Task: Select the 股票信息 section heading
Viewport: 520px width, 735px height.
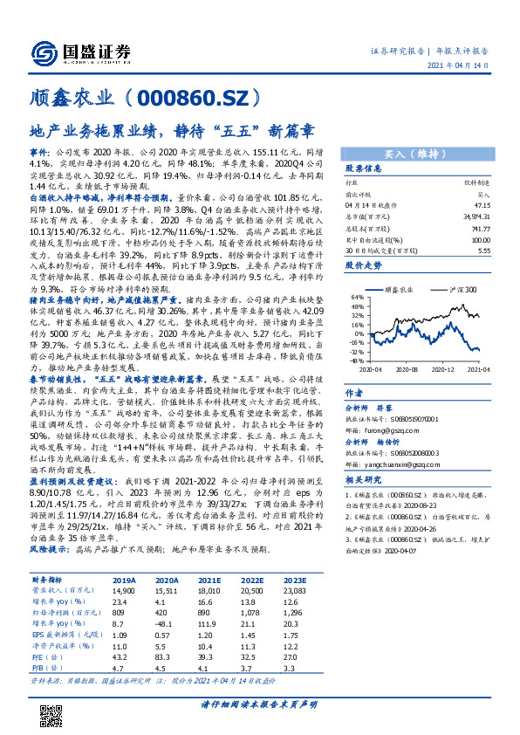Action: click(364, 167)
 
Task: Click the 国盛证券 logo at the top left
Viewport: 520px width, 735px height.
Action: click(77, 51)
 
